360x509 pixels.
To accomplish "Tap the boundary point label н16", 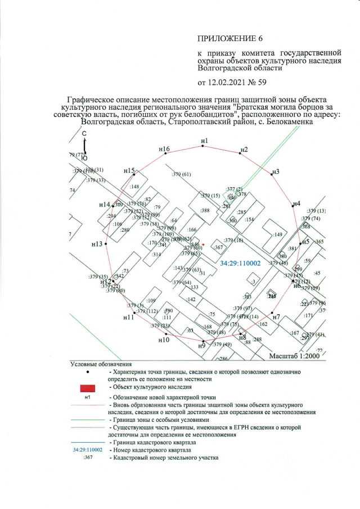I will [164, 149].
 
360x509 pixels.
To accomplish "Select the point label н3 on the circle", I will [276, 171].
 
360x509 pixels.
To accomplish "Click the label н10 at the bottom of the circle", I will [164, 340].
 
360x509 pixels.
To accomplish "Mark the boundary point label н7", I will [276, 318].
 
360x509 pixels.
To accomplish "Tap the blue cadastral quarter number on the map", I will [240, 263].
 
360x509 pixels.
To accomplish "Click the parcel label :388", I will [205, 210].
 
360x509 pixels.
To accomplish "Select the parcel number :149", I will [277, 235].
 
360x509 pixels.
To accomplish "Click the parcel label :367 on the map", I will [219, 247].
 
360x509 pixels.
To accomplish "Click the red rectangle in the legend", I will [87, 388].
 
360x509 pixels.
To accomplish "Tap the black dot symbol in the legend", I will [87, 372].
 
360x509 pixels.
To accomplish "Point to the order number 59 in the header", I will [262, 83].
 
